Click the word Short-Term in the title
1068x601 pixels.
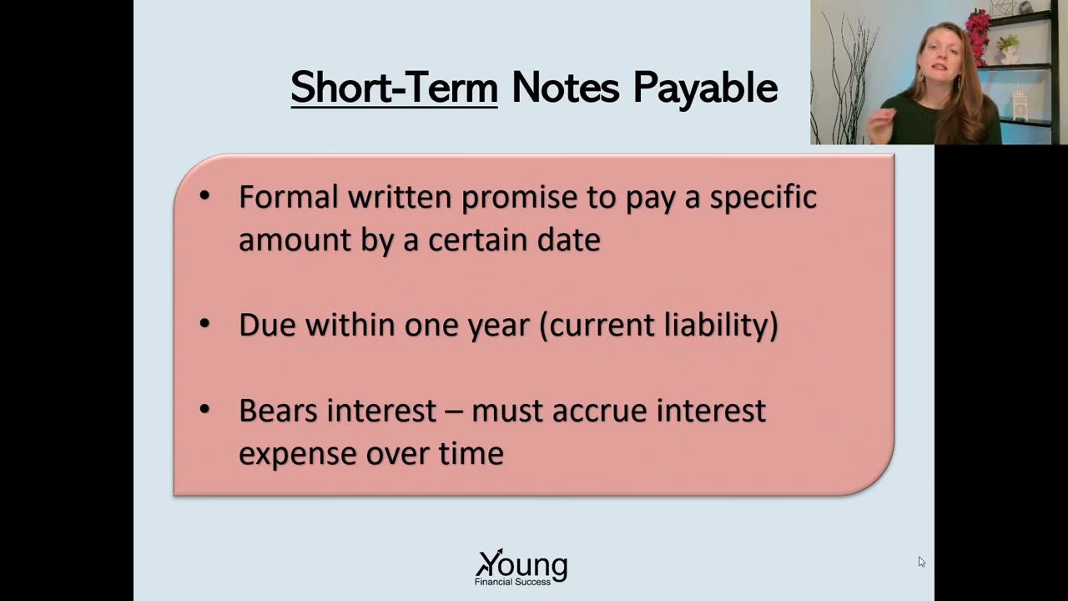394,88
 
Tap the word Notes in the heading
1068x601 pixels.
565,88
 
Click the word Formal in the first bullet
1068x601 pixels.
289,197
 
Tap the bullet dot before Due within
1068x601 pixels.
205,324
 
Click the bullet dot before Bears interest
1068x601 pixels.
205,410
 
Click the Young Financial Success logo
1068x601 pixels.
521,567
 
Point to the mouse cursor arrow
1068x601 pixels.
921,562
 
